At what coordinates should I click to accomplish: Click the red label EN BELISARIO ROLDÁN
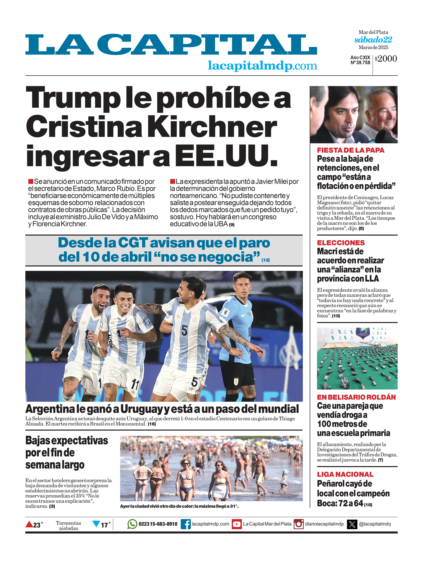(356, 397)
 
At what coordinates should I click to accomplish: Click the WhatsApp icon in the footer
(132, 524)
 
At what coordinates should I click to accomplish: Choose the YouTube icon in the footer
(237, 524)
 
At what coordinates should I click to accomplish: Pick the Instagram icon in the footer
(298, 524)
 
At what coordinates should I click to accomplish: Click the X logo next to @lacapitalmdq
(352, 524)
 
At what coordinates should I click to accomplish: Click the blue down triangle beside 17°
(96, 523)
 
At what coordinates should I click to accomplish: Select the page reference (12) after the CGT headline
(266, 260)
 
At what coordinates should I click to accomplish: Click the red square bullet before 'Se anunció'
(31, 182)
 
